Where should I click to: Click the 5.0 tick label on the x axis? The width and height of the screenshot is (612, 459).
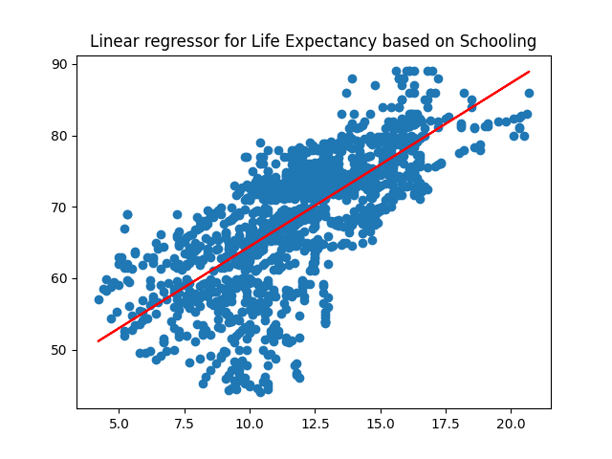click(120, 423)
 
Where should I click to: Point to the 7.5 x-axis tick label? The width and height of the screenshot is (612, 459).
click(185, 423)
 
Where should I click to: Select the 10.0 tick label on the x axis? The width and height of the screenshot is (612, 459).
click(250, 423)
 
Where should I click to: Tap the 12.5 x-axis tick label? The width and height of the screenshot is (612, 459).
click(315, 423)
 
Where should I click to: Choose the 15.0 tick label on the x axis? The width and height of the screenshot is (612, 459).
click(381, 423)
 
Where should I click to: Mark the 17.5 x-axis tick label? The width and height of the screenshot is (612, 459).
click(446, 423)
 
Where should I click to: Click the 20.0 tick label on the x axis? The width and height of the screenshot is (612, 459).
click(511, 423)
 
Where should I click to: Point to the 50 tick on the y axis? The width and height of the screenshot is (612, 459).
click(61, 350)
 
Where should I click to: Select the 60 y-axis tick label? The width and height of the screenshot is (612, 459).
click(61, 278)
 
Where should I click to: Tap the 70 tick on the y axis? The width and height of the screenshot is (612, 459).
click(61, 207)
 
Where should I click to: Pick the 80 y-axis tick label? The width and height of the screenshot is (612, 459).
click(61, 136)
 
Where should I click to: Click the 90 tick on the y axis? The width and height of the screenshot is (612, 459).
click(61, 64)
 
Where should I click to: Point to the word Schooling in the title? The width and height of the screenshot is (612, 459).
click(498, 41)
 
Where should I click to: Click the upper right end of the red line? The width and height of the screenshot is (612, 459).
click(529, 72)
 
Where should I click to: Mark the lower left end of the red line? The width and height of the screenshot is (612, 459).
click(98, 340)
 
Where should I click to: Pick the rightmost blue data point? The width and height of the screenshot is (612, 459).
click(529, 94)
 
